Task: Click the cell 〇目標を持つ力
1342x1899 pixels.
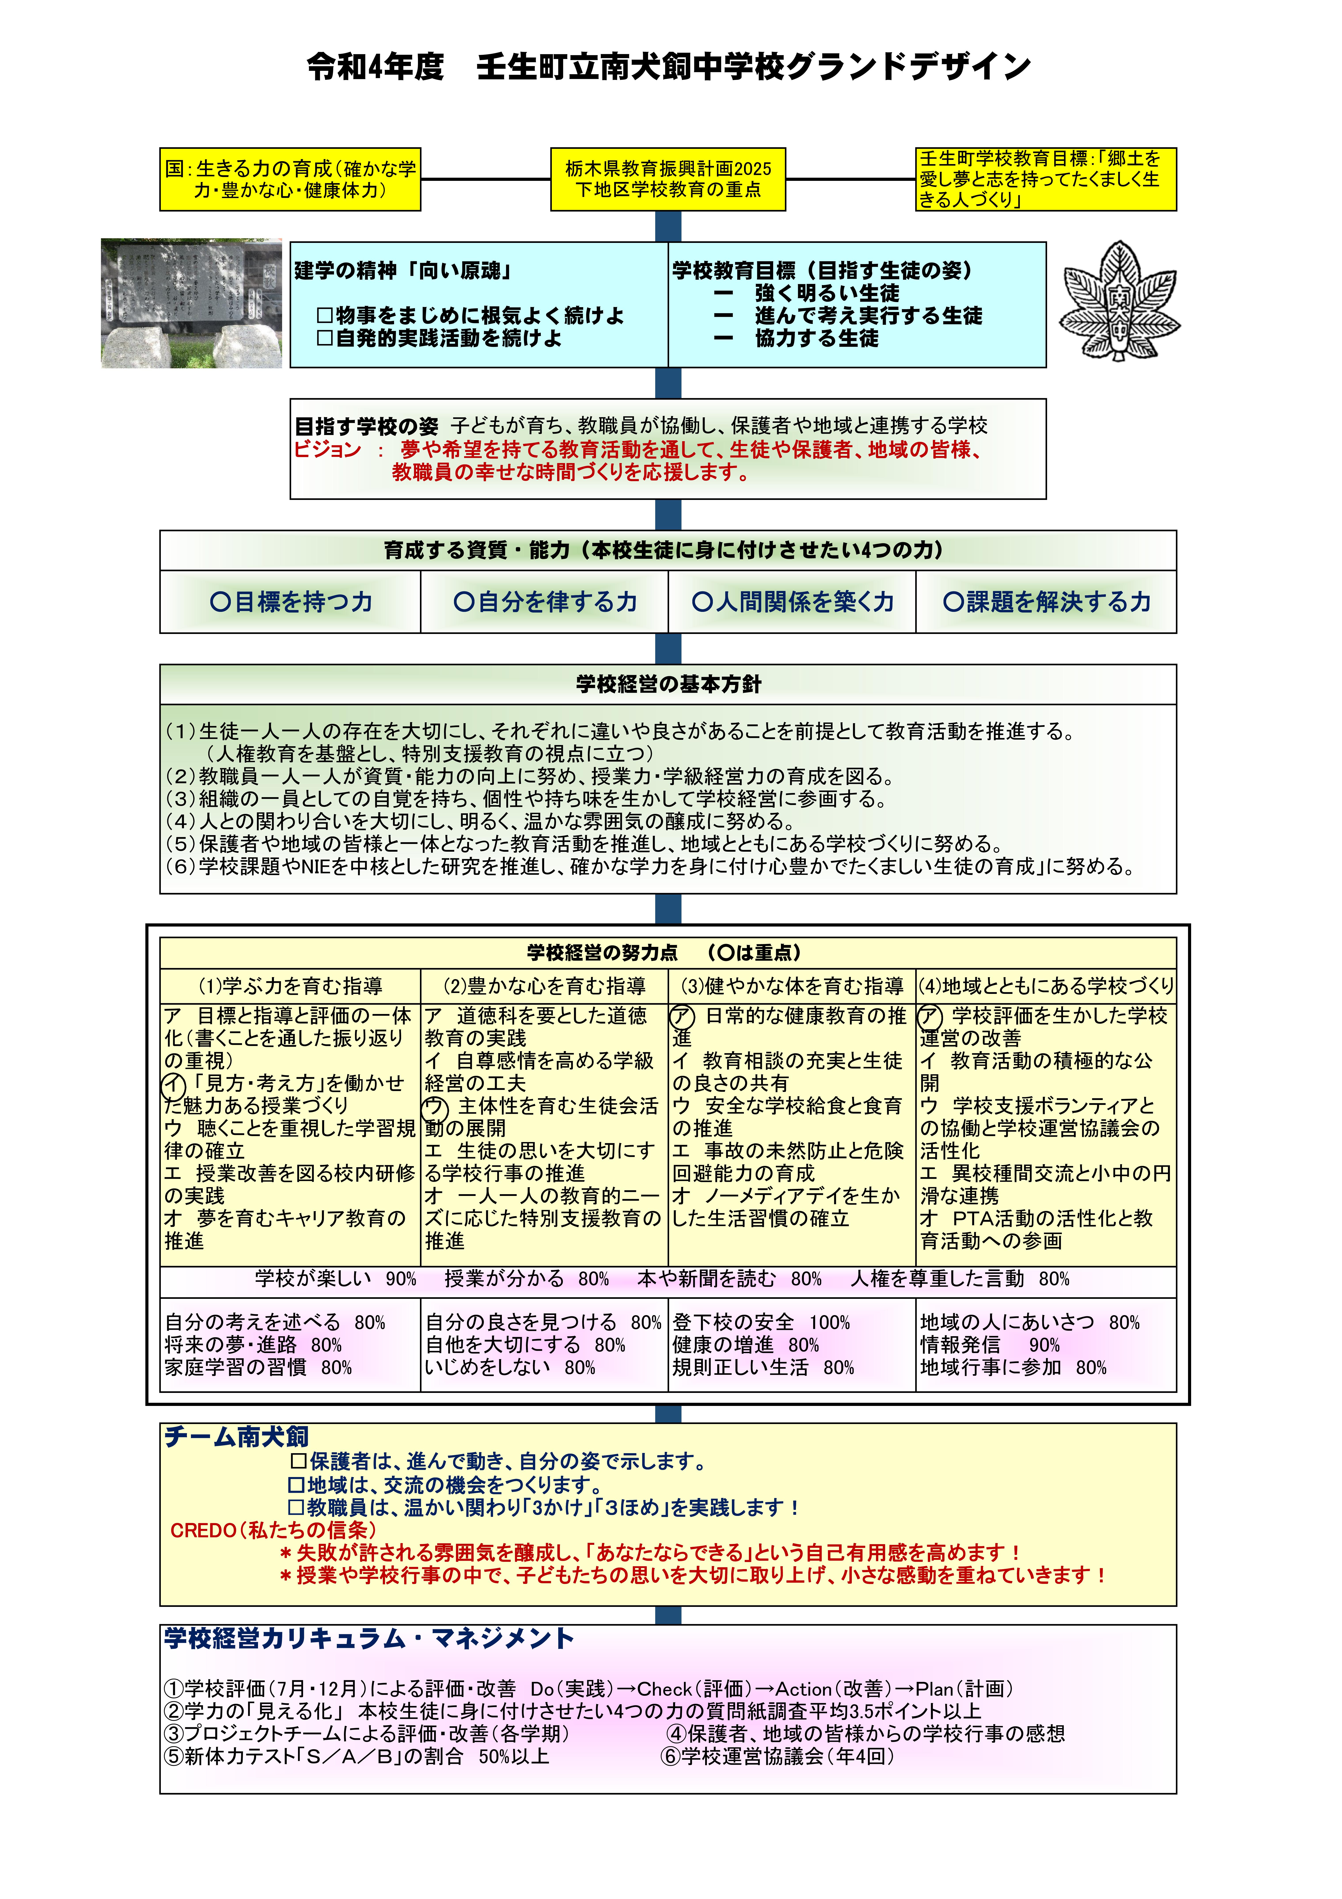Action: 290,602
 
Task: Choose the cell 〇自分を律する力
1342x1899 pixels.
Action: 544,602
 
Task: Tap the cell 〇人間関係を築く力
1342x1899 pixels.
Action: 792,602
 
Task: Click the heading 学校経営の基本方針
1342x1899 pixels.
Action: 668,684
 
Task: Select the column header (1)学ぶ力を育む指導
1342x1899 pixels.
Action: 290,986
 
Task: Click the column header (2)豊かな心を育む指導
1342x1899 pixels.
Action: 544,986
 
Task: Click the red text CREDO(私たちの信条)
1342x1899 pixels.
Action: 273,1530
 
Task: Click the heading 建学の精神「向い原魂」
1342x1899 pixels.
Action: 403,270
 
